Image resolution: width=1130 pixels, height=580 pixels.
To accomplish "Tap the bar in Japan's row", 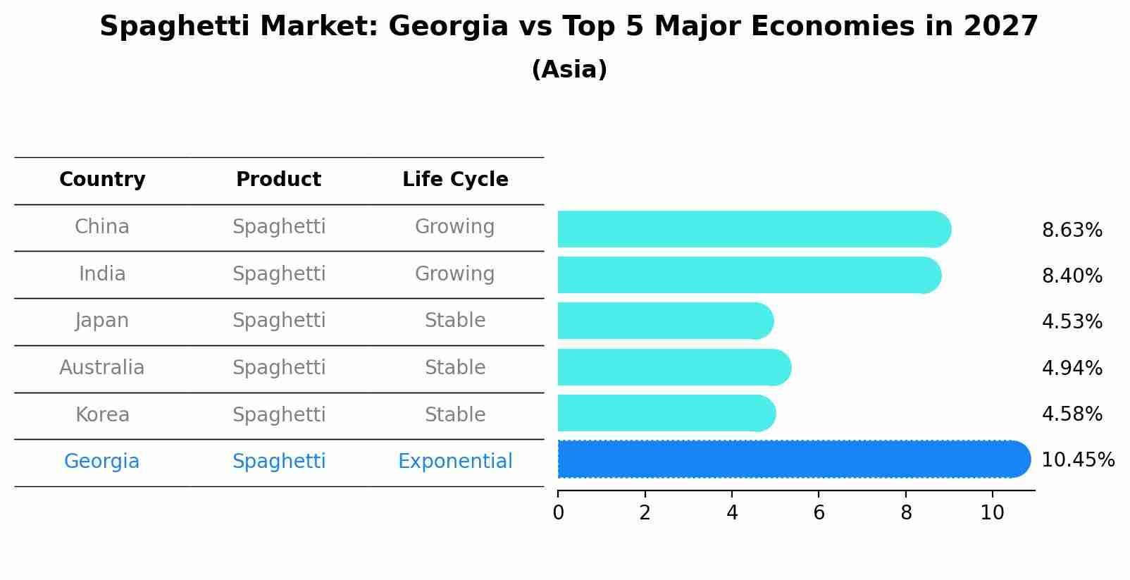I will pyautogui.click(x=664, y=321).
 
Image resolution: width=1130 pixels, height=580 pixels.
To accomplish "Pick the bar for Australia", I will pyautogui.click(x=673, y=367).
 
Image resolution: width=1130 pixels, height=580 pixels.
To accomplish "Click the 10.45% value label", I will pyautogui.click(x=1077, y=460).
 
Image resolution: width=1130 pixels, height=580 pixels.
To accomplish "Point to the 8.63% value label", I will pyautogui.click(x=1072, y=230).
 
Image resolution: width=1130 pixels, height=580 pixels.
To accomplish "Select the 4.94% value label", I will pyautogui.click(x=1072, y=368).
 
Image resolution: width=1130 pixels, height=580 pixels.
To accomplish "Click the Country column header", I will pyautogui.click(x=102, y=180).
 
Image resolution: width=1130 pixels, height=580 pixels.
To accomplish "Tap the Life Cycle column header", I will pyautogui.click(x=455, y=180).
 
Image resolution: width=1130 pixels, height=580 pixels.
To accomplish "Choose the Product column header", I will pyautogui.click(x=278, y=180).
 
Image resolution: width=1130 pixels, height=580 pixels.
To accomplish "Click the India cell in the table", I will pyautogui.click(x=102, y=274).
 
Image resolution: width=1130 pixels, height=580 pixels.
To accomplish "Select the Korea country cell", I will pyautogui.click(x=102, y=415).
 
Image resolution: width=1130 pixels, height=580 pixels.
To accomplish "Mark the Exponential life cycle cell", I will pyautogui.click(x=455, y=462).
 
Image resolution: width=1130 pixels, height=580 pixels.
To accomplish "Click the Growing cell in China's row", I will pyautogui.click(x=454, y=227).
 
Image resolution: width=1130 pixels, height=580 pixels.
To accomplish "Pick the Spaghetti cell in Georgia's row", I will pyautogui.click(x=279, y=462).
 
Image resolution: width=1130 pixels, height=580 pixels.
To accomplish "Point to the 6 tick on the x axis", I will pyautogui.click(x=819, y=512).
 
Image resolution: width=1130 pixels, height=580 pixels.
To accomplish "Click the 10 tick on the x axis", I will pyautogui.click(x=992, y=512).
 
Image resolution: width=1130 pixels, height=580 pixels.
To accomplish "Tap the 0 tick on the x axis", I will pyautogui.click(x=558, y=512).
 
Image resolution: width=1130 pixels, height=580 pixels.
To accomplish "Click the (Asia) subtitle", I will pyautogui.click(x=569, y=70).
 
